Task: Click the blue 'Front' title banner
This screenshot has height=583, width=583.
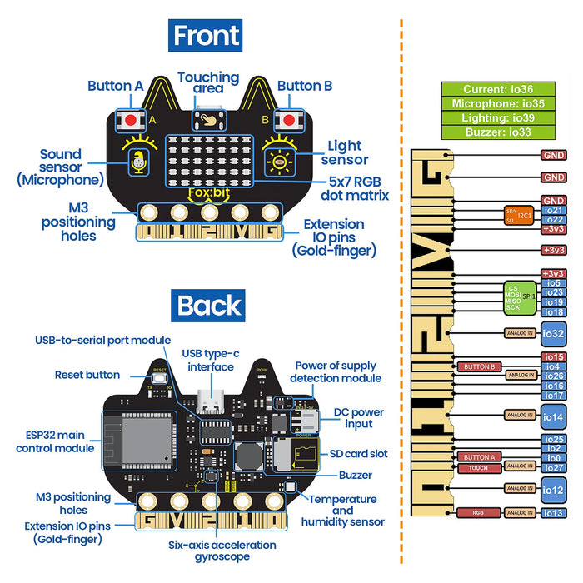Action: click(x=205, y=36)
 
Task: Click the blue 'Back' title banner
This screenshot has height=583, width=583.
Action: click(x=209, y=306)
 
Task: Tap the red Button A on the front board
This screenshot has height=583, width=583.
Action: click(x=131, y=120)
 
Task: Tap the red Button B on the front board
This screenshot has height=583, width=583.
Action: click(x=288, y=120)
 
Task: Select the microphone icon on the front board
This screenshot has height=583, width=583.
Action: click(x=136, y=162)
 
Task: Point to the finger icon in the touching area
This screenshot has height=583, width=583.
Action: click(x=208, y=119)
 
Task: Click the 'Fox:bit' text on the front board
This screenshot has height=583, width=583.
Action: click(x=208, y=194)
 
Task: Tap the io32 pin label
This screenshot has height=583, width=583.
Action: click(x=553, y=334)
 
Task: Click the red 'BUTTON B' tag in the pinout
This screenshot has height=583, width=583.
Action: click(x=479, y=366)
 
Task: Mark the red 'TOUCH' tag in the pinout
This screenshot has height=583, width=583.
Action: click(x=479, y=468)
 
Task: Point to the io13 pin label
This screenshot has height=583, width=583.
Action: click(x=553, y=512)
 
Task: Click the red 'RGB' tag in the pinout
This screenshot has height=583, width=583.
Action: click(x=479, y=512)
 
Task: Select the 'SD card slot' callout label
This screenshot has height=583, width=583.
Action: click(x=358, y=454)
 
